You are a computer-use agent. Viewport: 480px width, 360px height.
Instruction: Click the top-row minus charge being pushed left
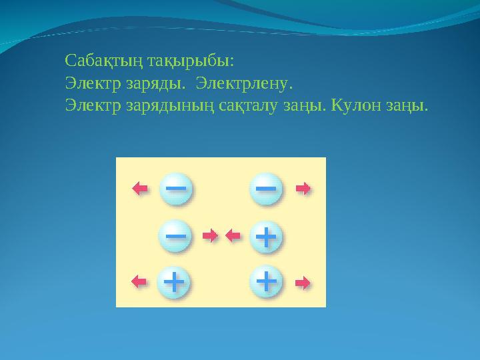click(x=175, y=189)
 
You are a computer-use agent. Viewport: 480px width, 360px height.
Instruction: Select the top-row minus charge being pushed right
click(x=266, y=189)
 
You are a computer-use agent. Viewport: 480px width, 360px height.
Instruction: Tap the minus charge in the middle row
click(x=175, y=235)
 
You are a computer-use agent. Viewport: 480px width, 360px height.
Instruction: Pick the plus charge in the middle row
click(x=266, y=235)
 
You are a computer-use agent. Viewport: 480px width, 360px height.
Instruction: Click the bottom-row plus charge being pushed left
click(x=174, y=282)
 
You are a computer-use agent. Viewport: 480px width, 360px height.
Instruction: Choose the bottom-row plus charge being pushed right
click(x=266, y=282)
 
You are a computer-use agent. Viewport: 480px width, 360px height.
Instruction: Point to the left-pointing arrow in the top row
click(x=140, y=189)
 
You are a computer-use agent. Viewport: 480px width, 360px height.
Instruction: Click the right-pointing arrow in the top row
click(x=303, y=189)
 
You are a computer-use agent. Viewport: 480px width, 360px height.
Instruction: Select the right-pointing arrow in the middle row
click(x=210, y=235)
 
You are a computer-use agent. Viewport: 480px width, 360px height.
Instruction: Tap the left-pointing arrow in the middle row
click(x=233, y=235)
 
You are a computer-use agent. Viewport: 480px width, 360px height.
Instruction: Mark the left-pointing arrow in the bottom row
click(x=140, y=282)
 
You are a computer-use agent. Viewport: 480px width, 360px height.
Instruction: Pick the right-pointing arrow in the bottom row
click(x=303, y=283)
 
